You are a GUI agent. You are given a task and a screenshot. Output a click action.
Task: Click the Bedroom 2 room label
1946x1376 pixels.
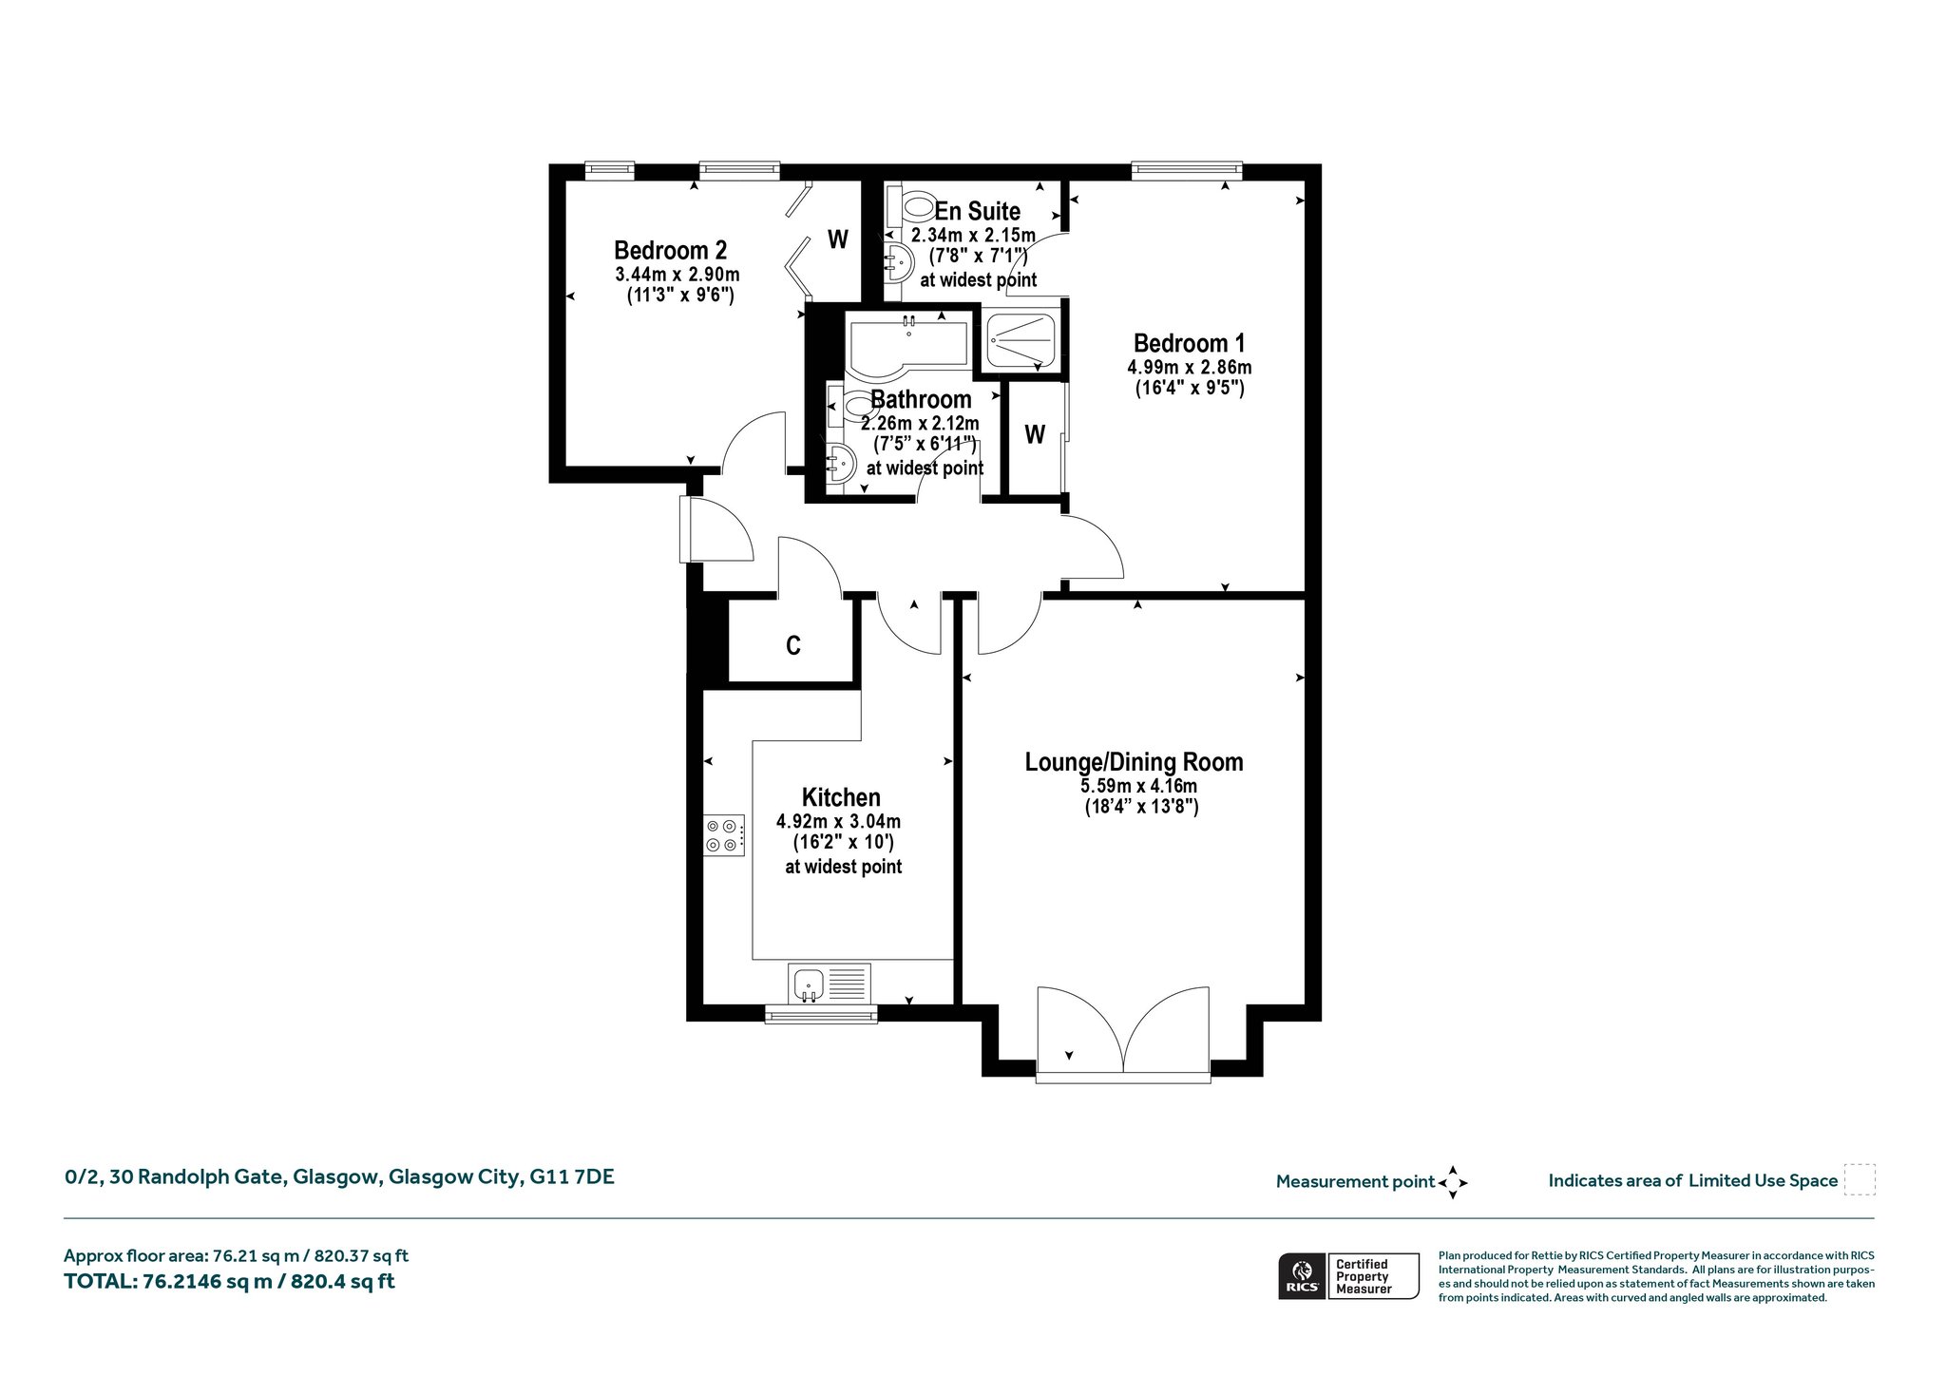click(670, 250)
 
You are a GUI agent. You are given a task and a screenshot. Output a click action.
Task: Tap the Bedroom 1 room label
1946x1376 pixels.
click(1189, 343)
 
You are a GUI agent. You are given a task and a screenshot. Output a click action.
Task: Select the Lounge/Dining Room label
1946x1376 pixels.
click(1134, 761)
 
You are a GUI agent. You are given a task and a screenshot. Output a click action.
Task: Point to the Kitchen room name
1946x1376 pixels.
click(841, 797)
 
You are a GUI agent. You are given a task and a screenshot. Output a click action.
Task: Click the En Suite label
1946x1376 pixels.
click(978, 211)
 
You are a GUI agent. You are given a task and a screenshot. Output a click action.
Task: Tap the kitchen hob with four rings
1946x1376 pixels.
click(724, 835)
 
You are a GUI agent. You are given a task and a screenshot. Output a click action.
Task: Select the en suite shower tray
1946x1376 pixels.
click(1021, 340)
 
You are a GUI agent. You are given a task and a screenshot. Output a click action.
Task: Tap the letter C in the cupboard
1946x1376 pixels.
click(793, 646)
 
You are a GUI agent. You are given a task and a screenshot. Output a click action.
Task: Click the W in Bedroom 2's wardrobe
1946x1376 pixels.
click(837, 239)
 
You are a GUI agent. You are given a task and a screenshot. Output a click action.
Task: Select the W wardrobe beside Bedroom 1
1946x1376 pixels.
click(1035, 435)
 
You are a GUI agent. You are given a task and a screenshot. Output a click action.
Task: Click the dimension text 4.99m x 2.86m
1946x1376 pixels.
click(1190, 367)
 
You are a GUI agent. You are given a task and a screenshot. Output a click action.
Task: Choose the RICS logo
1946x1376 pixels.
click(1301, 1276)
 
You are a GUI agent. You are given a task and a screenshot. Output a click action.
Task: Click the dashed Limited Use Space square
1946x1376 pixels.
click(1860, 1179)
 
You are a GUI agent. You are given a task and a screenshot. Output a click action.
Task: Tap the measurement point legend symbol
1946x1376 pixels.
click(1453, 1182)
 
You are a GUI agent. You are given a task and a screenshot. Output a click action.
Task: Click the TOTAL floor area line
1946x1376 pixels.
click(229, 1281)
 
